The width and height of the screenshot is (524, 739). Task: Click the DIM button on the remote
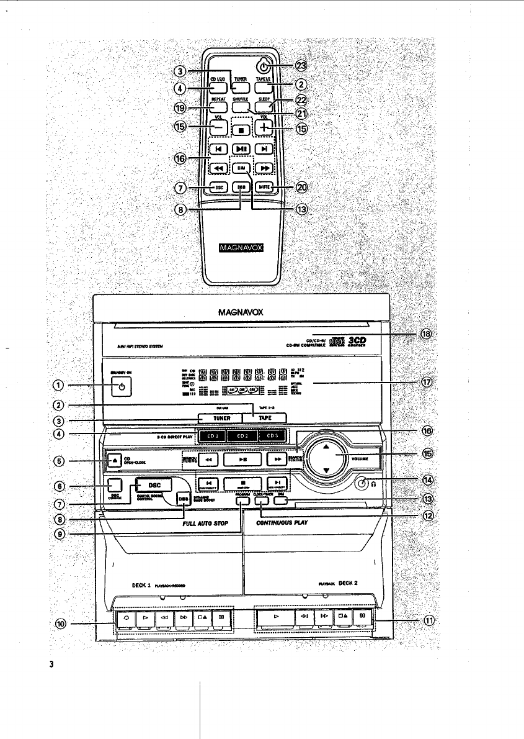(241, 168)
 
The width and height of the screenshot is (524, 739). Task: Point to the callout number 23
(302, 65)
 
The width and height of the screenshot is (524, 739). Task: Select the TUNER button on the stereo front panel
(221, 419)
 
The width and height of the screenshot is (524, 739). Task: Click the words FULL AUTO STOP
(206, 524)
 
